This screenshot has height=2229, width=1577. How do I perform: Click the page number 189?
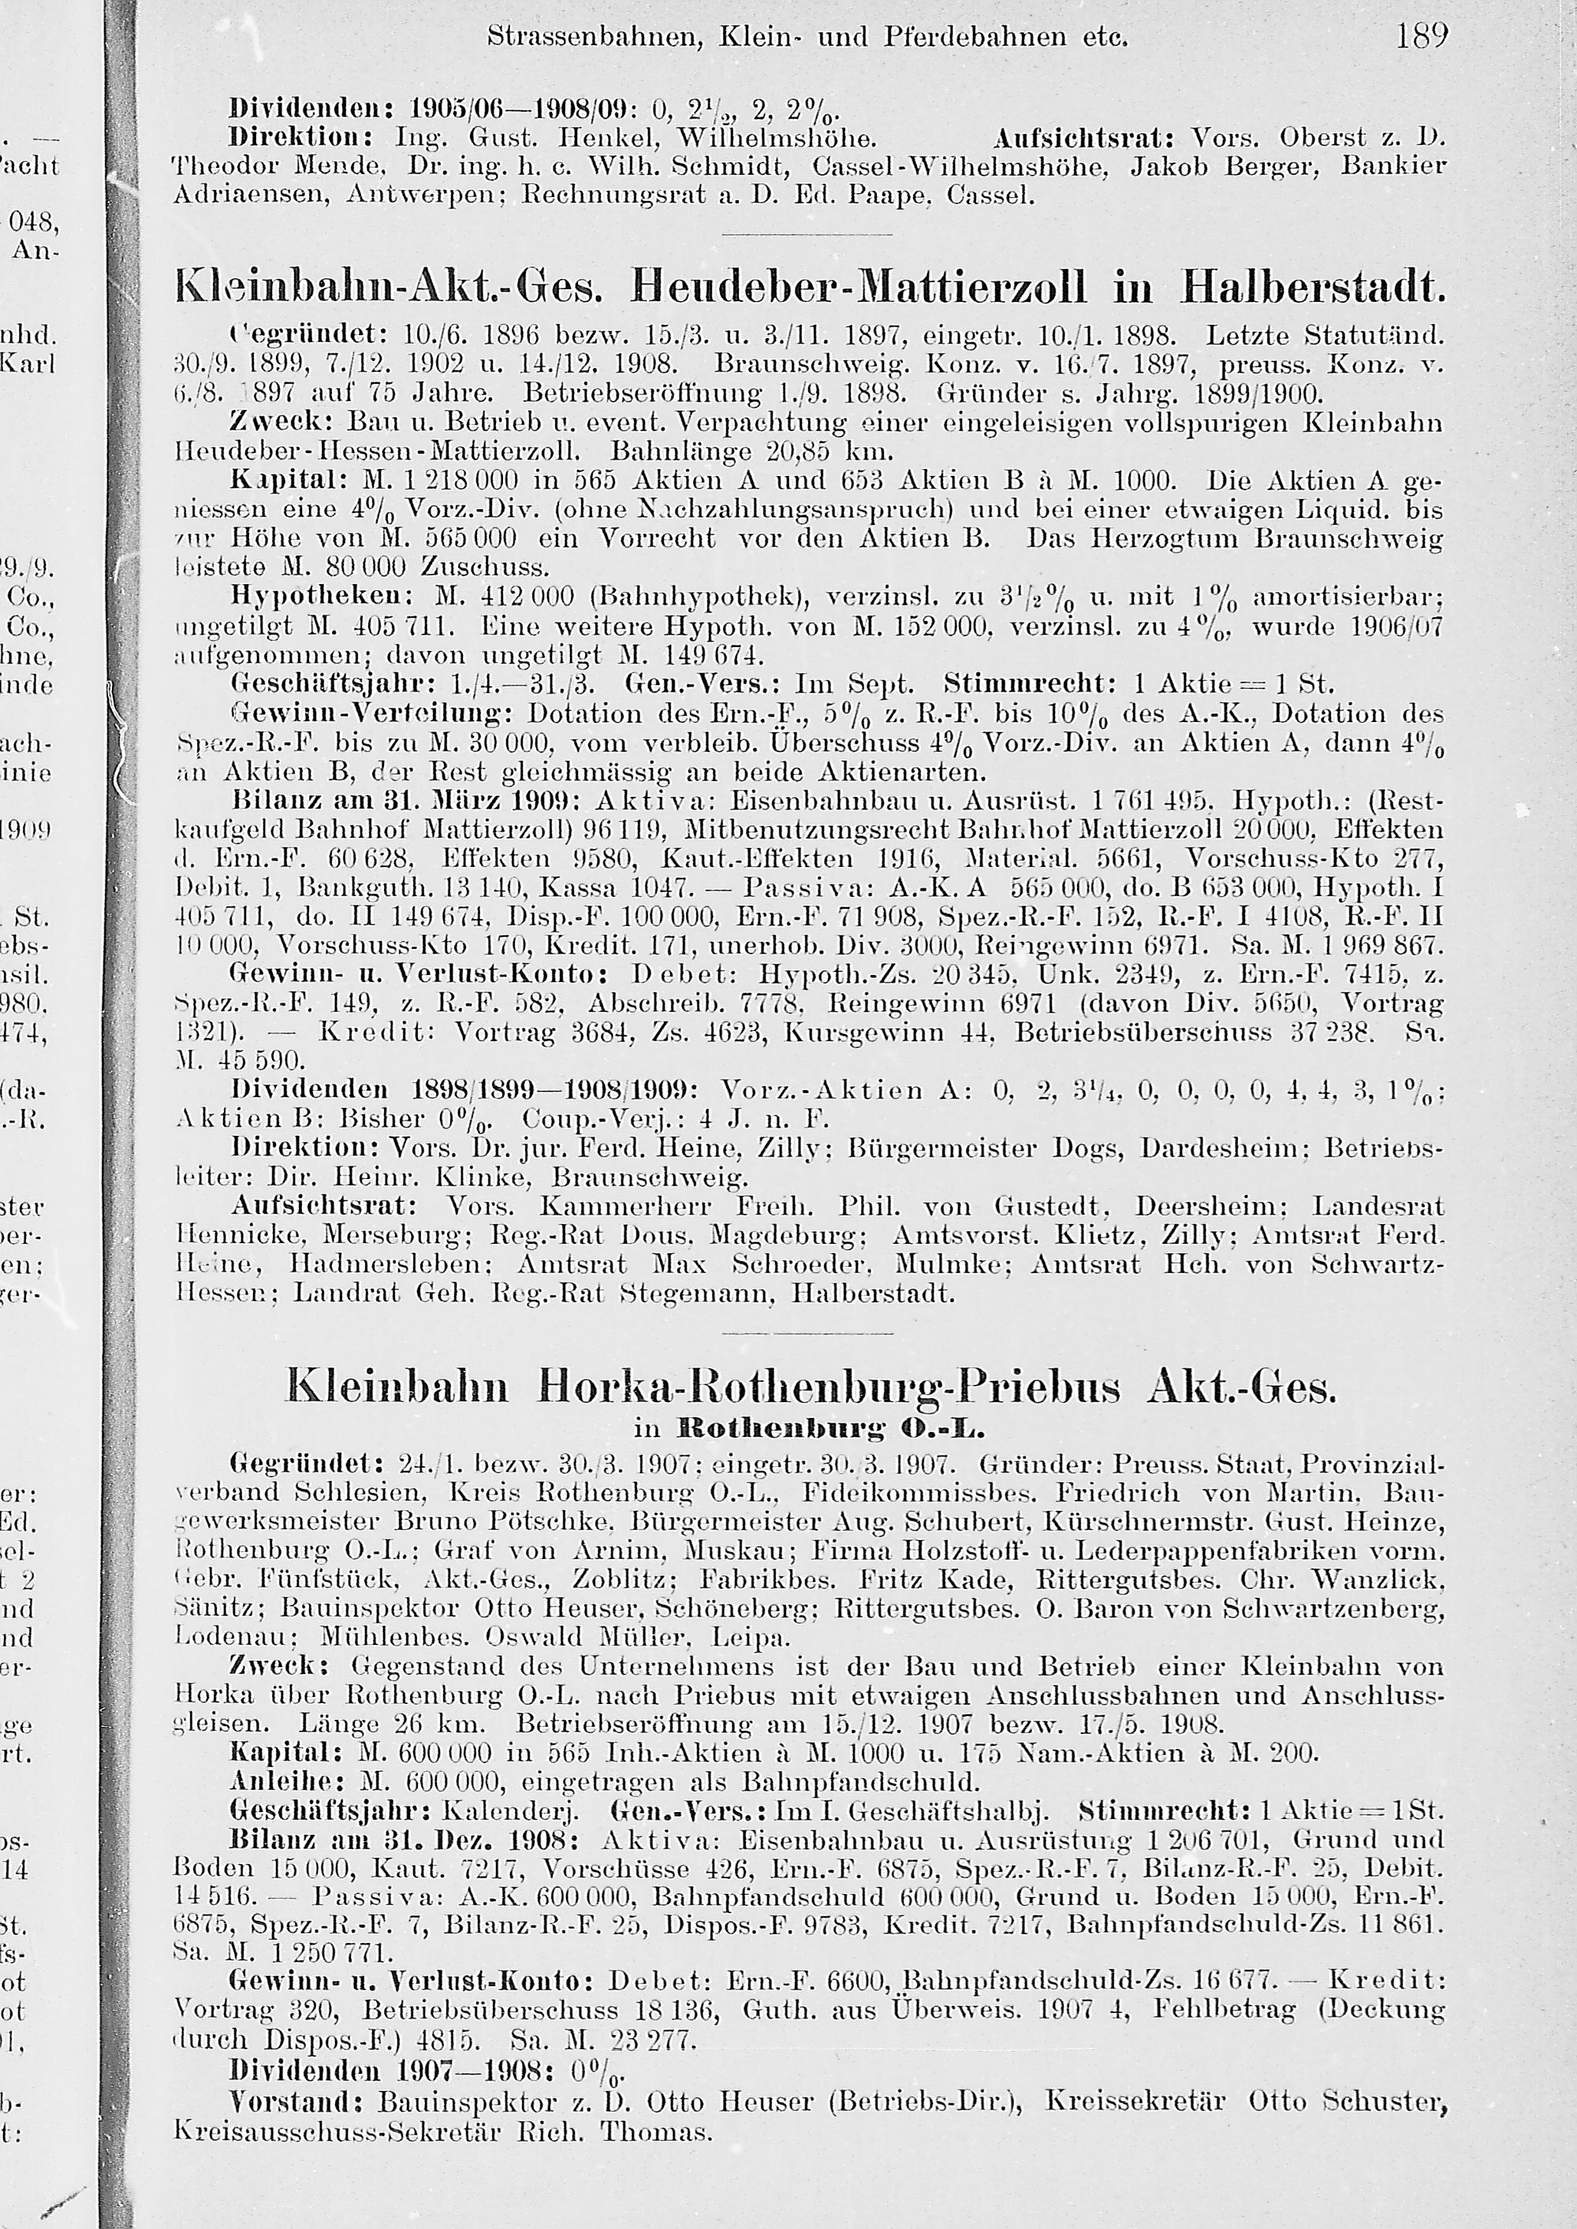coord(1422,38)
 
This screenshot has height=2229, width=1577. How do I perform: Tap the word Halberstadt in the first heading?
coord(1311,288)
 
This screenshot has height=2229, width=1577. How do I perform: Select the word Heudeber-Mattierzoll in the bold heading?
coord(859,288)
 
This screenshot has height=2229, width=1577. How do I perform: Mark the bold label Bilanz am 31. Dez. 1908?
coord(404,1840)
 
